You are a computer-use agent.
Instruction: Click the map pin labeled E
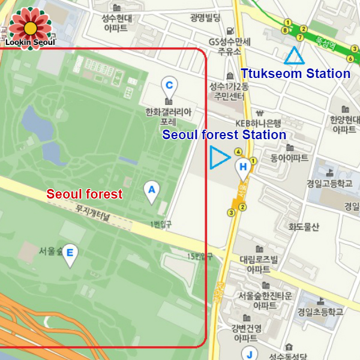coord(71,254)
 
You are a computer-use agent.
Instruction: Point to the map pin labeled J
coord(249,353)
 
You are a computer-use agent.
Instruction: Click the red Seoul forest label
coord(85,194)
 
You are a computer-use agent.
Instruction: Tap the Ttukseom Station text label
coord(295,74)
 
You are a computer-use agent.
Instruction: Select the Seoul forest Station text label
coord(224,135)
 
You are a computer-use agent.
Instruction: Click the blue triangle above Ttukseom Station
coord(294,56)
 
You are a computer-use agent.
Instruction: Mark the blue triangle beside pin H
coord(218,158)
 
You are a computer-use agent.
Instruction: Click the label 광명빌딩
coord(205,17)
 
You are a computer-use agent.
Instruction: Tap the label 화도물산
coord(304,227)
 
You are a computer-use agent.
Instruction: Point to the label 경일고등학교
coord(329,184)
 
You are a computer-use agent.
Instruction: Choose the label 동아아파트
coord(289,158)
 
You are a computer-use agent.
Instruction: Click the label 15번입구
coord(200,256)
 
